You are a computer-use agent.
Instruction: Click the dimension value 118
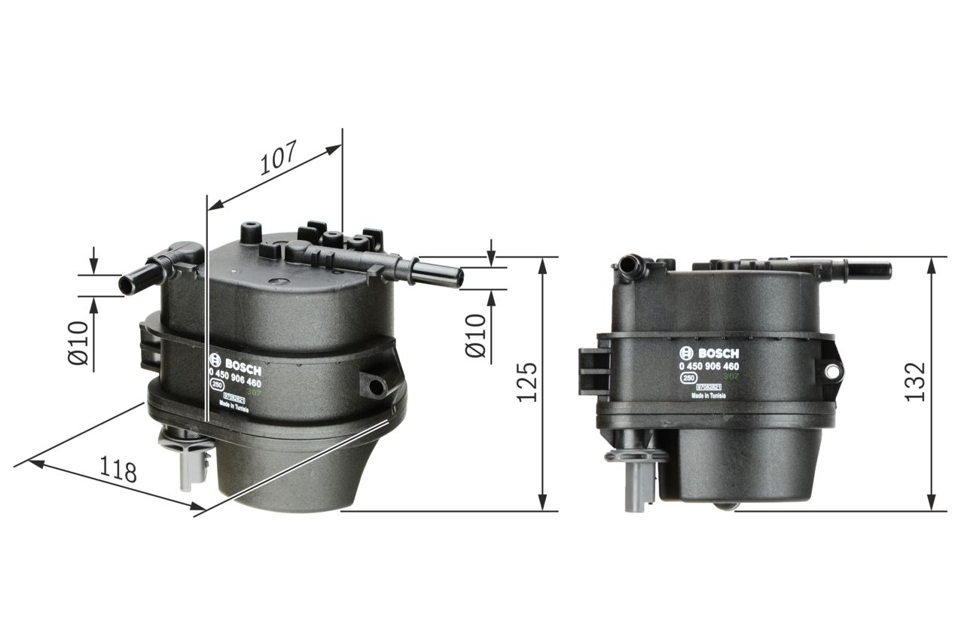click(x=119, y=470)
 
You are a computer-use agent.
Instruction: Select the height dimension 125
click(x=527, y=382)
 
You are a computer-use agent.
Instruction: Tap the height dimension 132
click(x=914, y=382)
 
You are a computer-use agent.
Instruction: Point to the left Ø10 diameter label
click(x=78, y=343)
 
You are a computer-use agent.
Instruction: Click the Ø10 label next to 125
click(x=476, y=336)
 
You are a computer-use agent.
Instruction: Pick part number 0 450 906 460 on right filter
click(x=709, y=366)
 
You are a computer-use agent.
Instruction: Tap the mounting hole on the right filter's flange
click(x=831, y=370)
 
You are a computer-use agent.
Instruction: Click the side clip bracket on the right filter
click(x=592, y=371)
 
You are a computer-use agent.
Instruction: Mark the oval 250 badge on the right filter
click(x=688, y=379)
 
